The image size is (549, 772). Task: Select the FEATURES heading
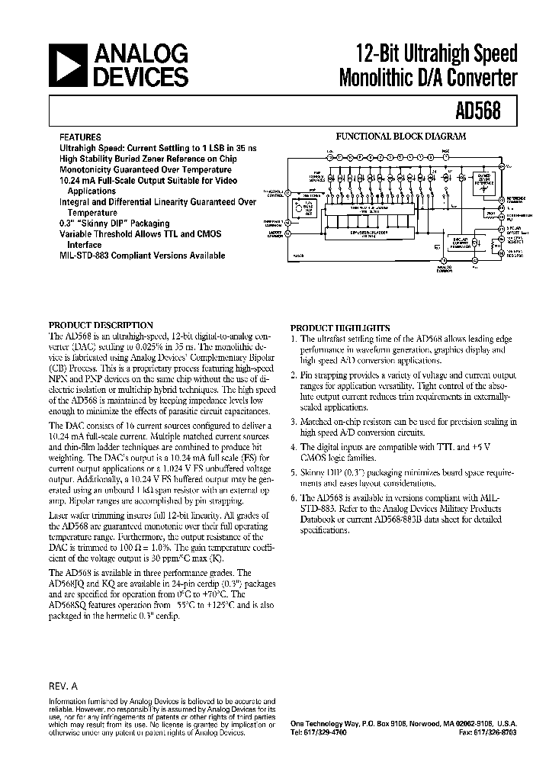pyautogui.click(x=80, y=138)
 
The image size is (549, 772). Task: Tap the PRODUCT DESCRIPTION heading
pyautogui.click(x=101, y=324)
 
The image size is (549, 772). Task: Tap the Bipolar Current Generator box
pyautogui.click(x=457, y=242)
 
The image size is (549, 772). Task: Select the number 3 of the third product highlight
pyautogui.click(x=294, y=421)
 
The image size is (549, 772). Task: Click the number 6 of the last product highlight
pyautogui.click(x=294, y=497)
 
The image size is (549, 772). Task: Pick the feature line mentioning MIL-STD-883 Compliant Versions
pyautogui.click(x=143, y=256)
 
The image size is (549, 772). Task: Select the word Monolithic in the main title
pyautogui.click(x=383, y=77)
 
